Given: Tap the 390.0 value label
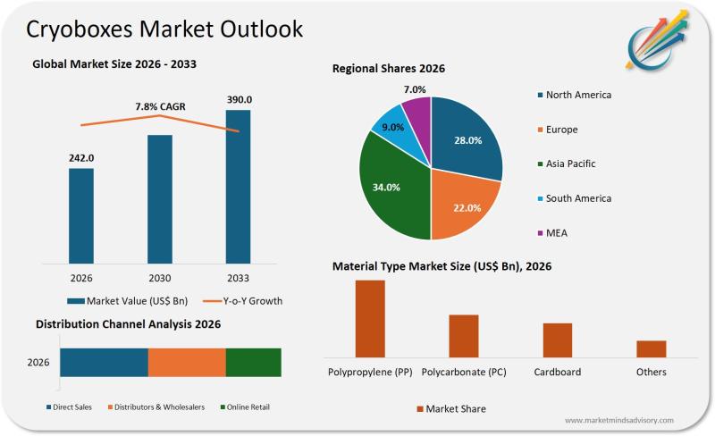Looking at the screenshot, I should [x=239, y=100].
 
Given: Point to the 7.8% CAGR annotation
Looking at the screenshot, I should [x=160, y=106].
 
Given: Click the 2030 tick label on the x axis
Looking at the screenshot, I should [x=160, y=278].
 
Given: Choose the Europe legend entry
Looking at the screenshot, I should [x=561, y=130].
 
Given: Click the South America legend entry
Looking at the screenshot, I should [x=578, y=198].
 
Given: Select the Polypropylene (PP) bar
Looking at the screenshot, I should [x=370, y=319].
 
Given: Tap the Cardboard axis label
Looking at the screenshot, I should [x=557, y=372].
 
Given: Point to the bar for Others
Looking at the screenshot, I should [x=651, y=349].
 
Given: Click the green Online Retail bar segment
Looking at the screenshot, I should [x=253, y=363].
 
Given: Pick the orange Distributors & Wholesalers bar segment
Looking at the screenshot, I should [x=187, y=363].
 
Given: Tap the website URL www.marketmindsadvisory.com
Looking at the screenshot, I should [x=619, y=420].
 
